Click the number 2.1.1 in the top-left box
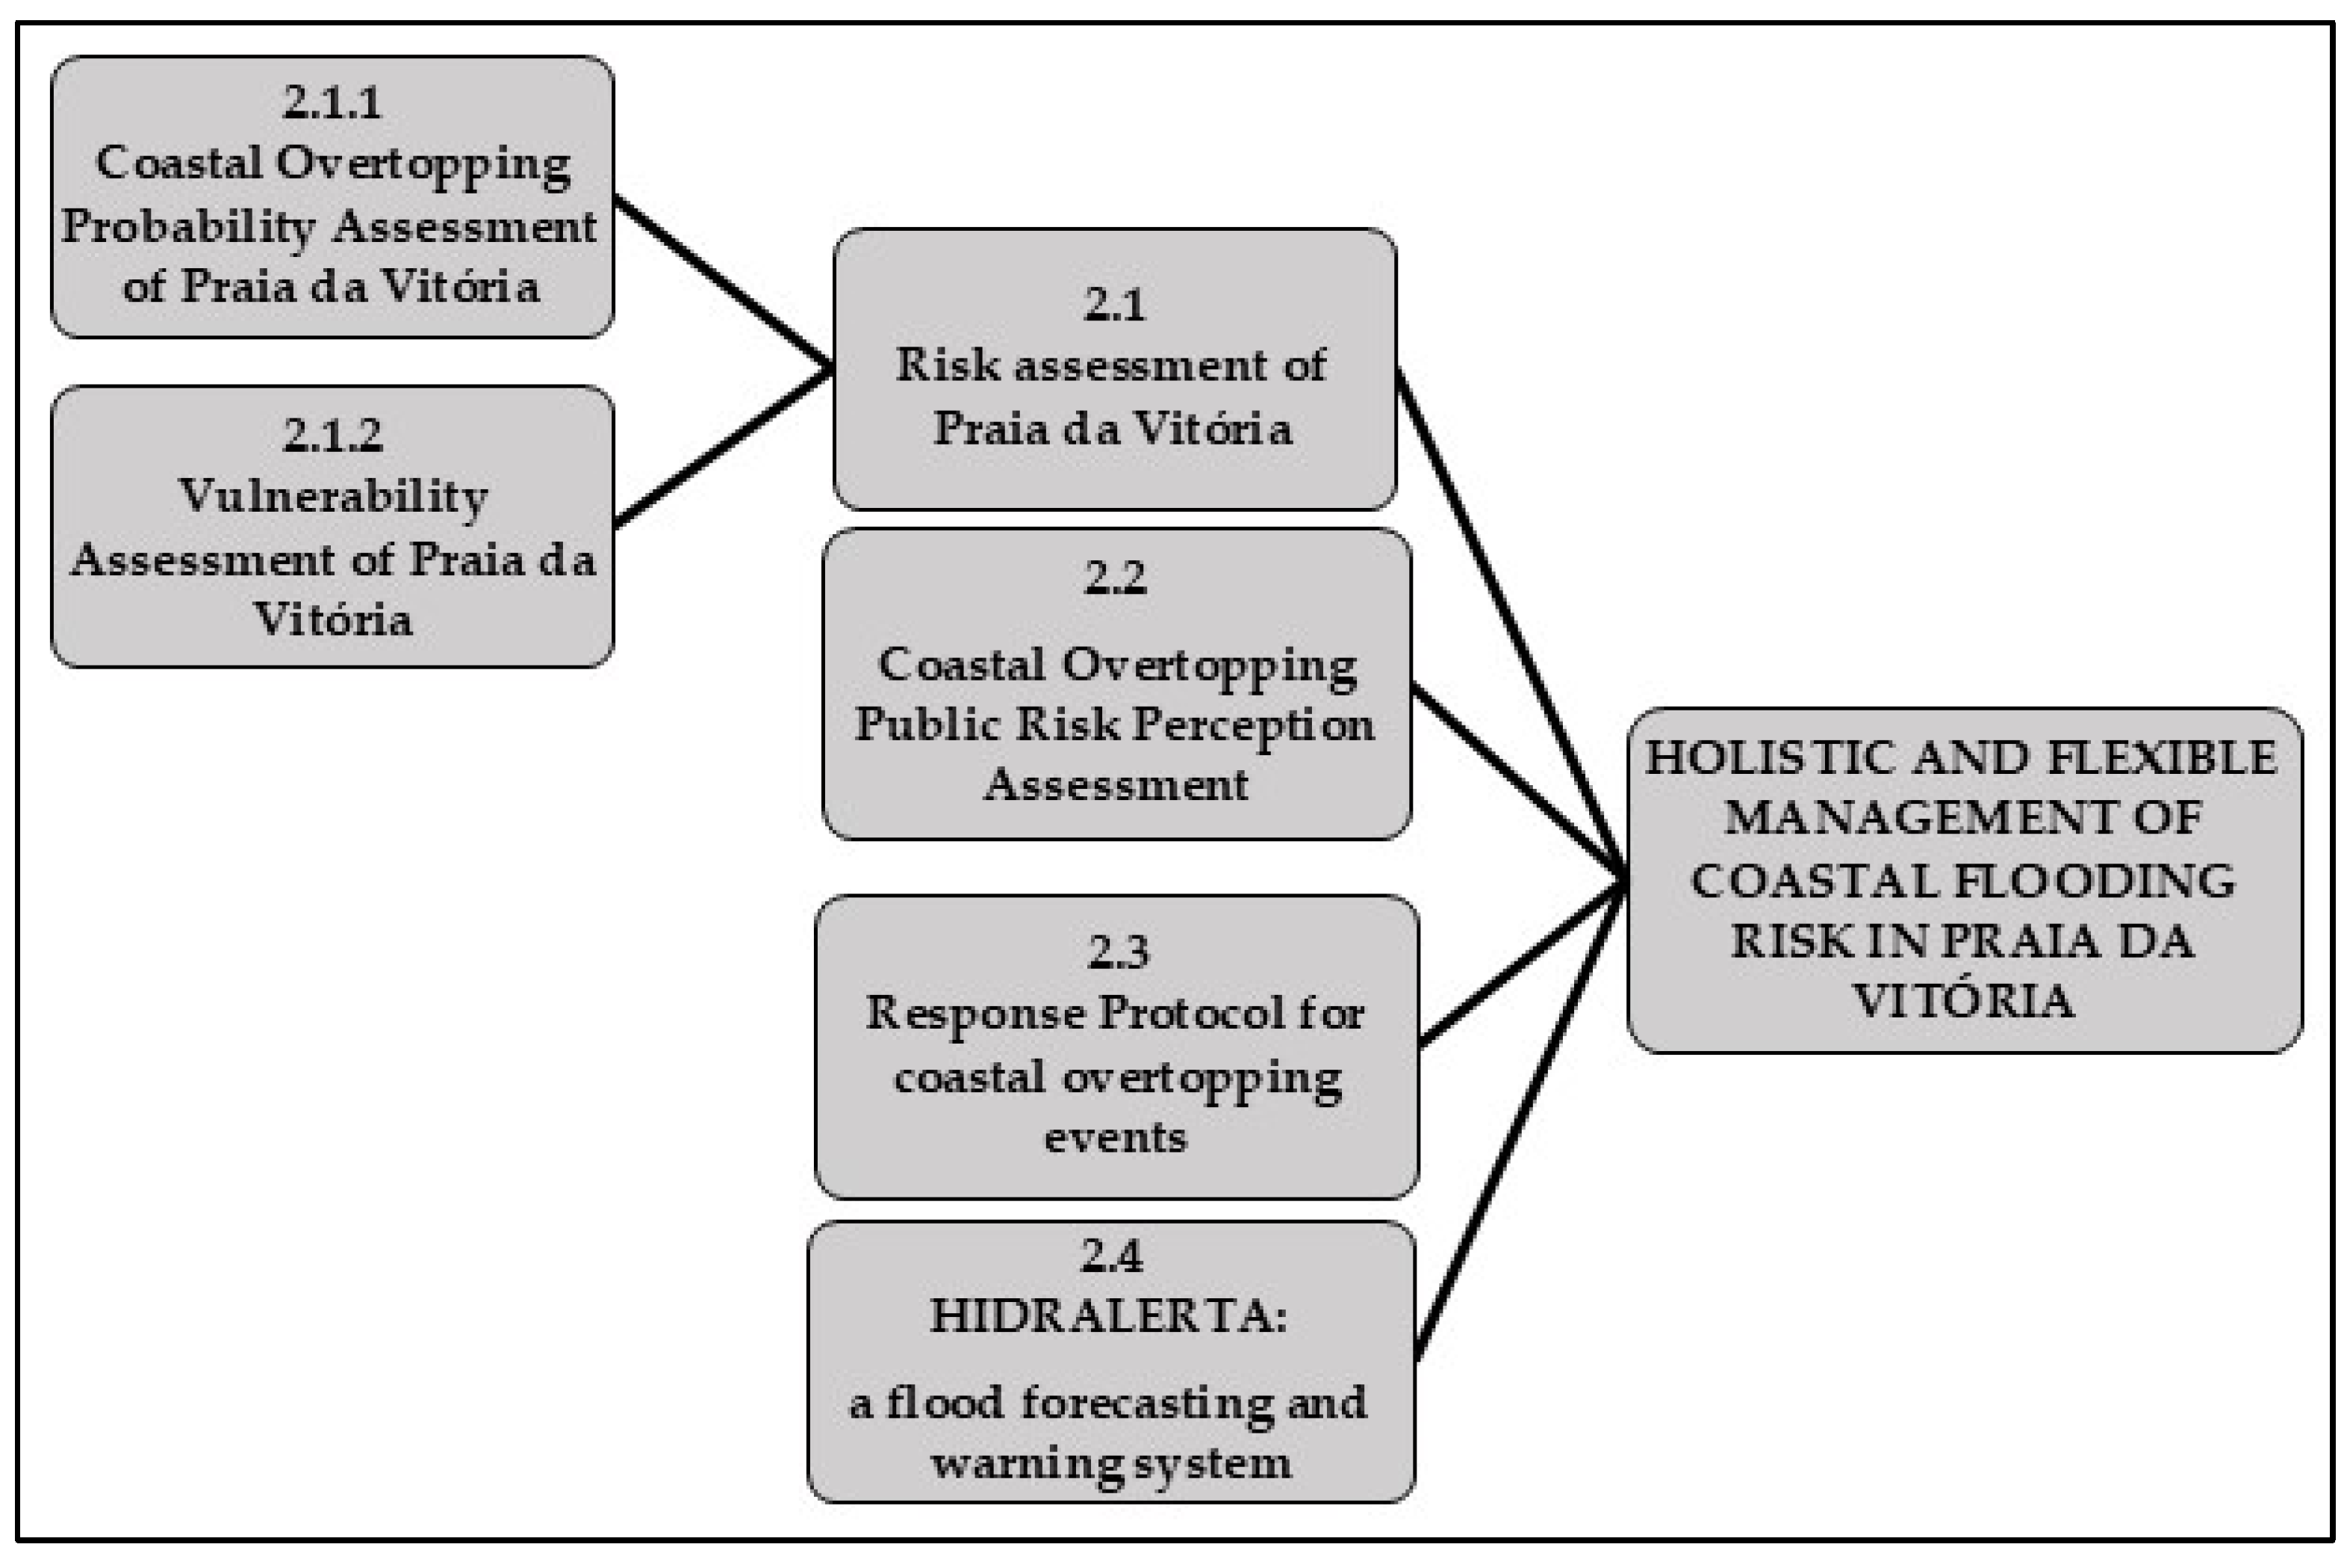coord(332,102)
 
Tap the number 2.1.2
coord(332,436)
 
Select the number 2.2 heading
coord(1114,577)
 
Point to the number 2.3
coord(1118,952)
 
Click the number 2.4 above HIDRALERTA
coord(1111,1256)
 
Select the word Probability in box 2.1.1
coord(188,227)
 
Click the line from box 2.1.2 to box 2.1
coord(721,447)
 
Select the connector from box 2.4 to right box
coord(1517,1121)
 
